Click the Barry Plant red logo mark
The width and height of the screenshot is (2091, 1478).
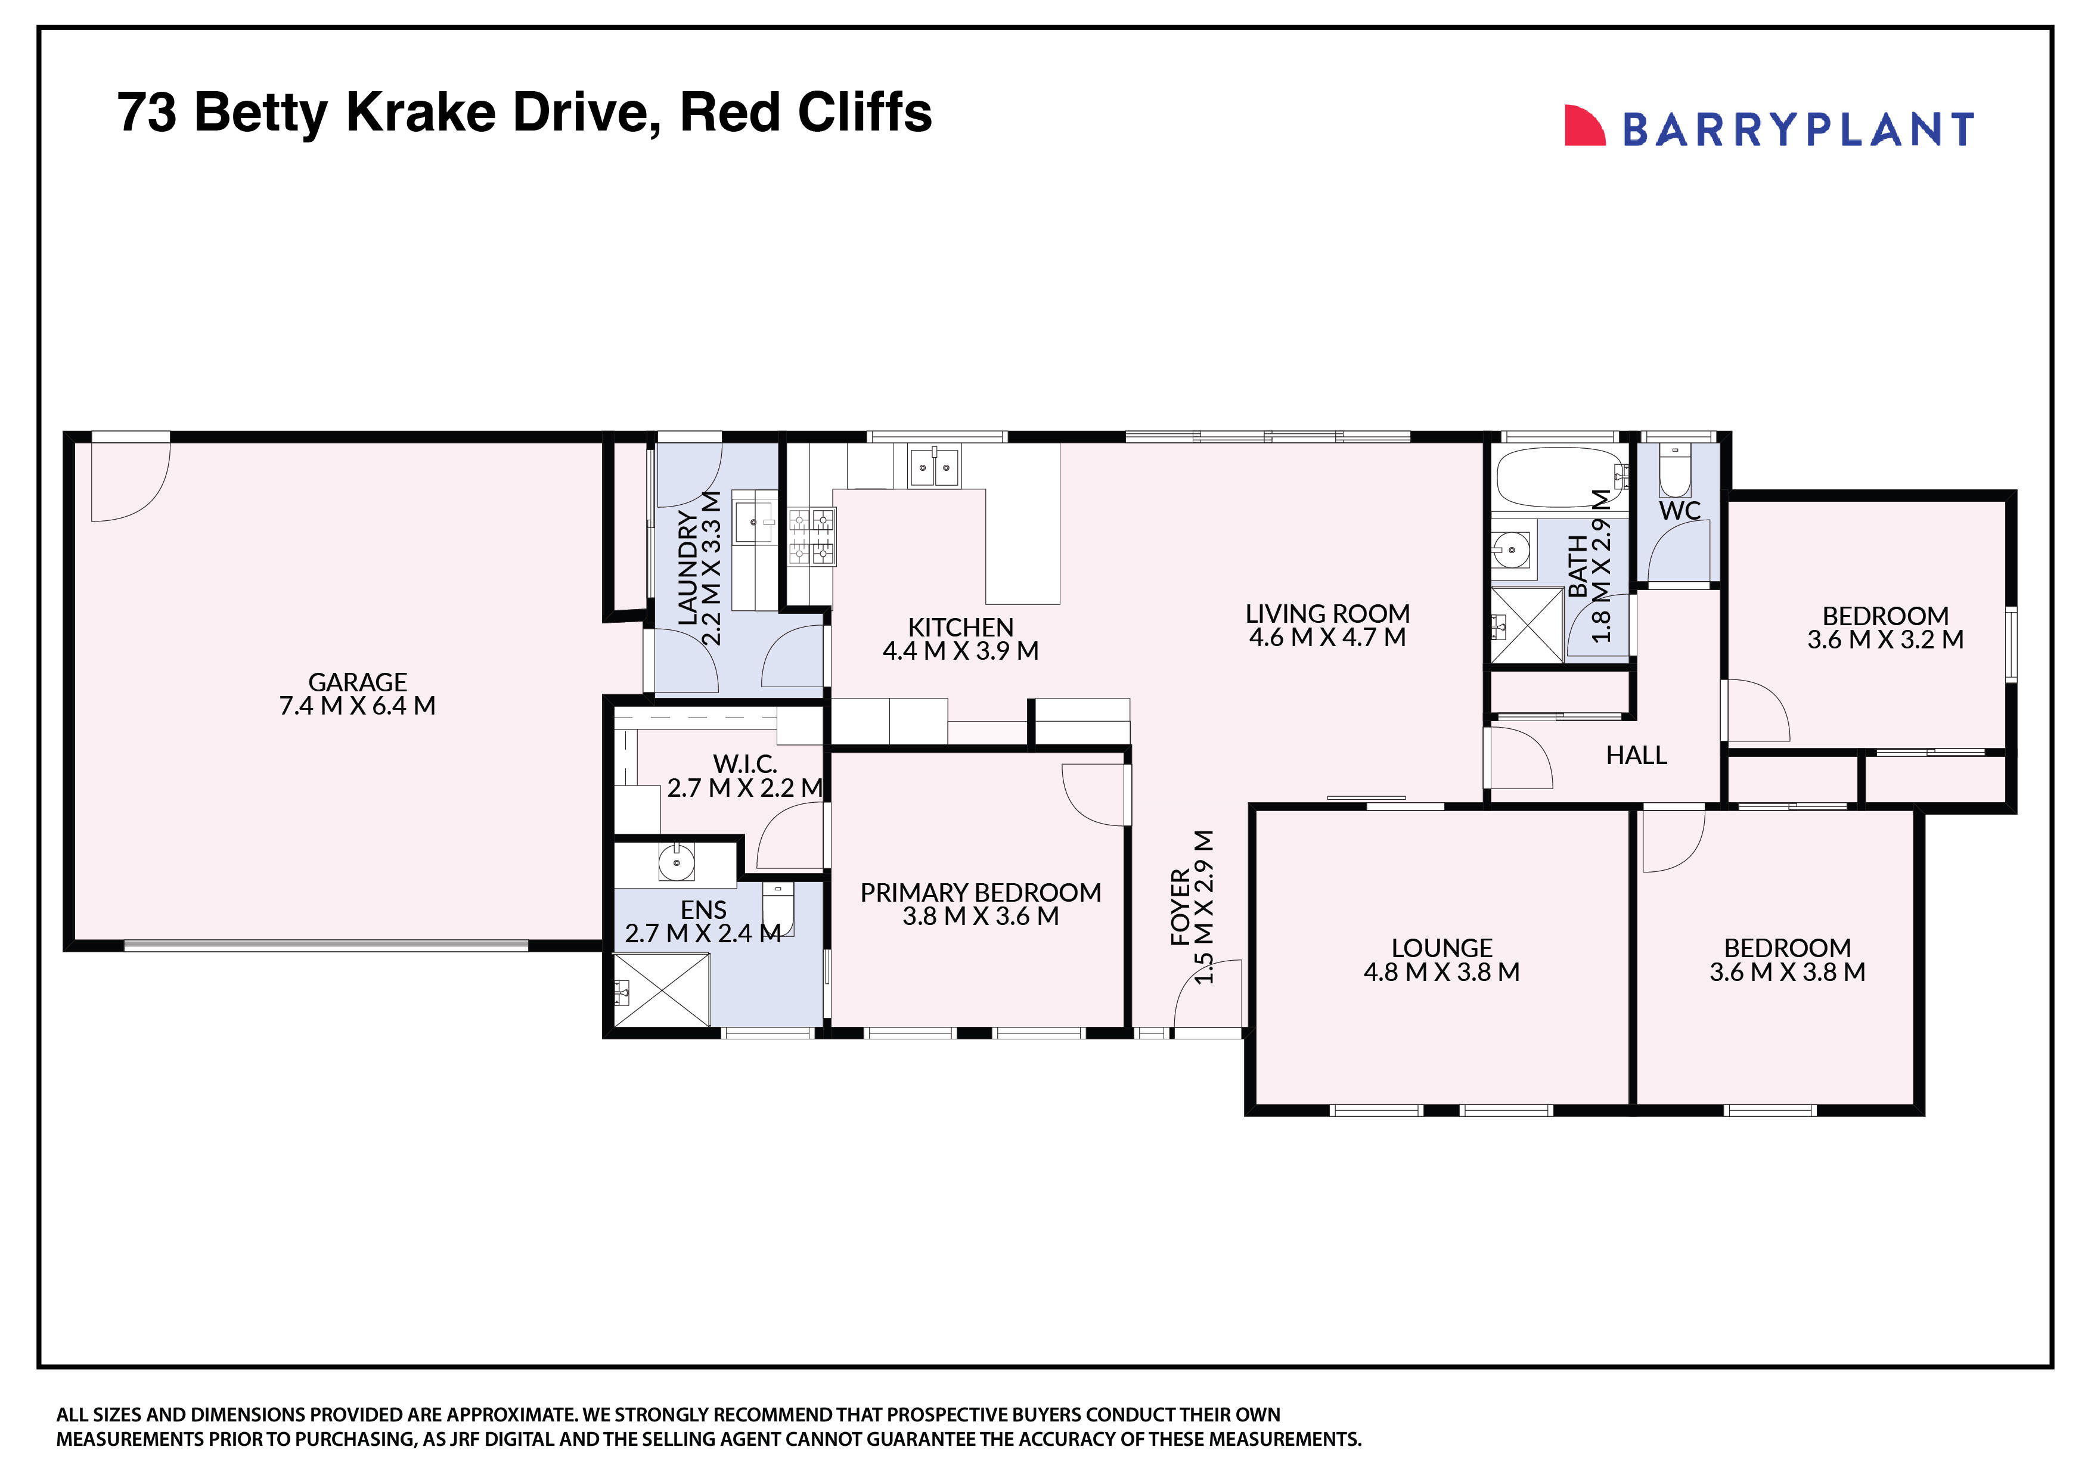[1584, 126]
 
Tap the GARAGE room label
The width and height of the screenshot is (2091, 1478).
[357, 682]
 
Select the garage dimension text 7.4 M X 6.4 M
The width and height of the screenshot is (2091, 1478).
[357, 706]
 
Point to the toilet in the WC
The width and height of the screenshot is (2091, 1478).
[1675, 472]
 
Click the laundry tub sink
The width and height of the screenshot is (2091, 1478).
[754, 523]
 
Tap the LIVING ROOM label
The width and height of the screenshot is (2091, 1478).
[1327, 614]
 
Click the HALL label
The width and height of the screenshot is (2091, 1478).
[1636, 755]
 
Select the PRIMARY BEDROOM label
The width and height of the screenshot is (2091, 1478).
[980, 892]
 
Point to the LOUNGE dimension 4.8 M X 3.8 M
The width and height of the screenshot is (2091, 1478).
[1441, 971]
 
